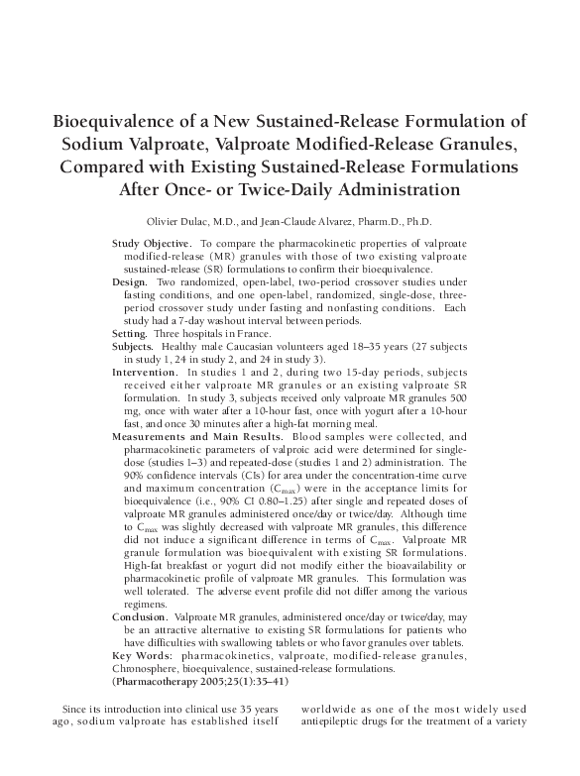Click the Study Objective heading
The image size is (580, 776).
tap(152, 243)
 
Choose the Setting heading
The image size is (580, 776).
tap(133, 334)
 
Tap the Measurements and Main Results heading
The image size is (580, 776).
tap(195, 437)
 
